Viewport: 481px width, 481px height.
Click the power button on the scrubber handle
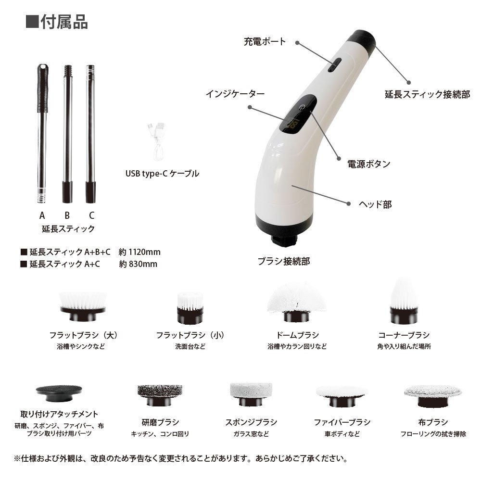[x=302, y=107]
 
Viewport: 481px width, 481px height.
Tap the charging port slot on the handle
[x=335, y=65]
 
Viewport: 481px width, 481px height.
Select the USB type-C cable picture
[x=158, y=141]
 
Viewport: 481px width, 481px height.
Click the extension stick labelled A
[x=42, y=133]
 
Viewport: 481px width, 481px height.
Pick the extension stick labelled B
[x=67, y=134]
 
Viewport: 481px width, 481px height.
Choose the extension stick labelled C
[x=90, y=134]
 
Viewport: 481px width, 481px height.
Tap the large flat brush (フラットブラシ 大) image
[x=83, y=306]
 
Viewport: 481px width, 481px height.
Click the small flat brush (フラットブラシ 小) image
[x=190, y=308]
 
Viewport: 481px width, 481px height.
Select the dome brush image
[x=296, y=302]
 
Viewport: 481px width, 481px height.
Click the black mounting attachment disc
[x=59, y=393]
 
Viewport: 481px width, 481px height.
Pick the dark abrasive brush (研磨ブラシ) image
[x=160, y=395]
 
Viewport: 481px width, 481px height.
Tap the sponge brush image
[x=251, y=394]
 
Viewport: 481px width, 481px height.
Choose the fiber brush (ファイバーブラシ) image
[x=342, y=396]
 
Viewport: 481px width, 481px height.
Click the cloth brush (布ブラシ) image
[x=433, y=396]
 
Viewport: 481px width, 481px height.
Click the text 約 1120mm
[x=139, y=252]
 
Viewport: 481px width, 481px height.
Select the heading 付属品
[x=64, y=22]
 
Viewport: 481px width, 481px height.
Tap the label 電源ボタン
[x=369, y=164]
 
